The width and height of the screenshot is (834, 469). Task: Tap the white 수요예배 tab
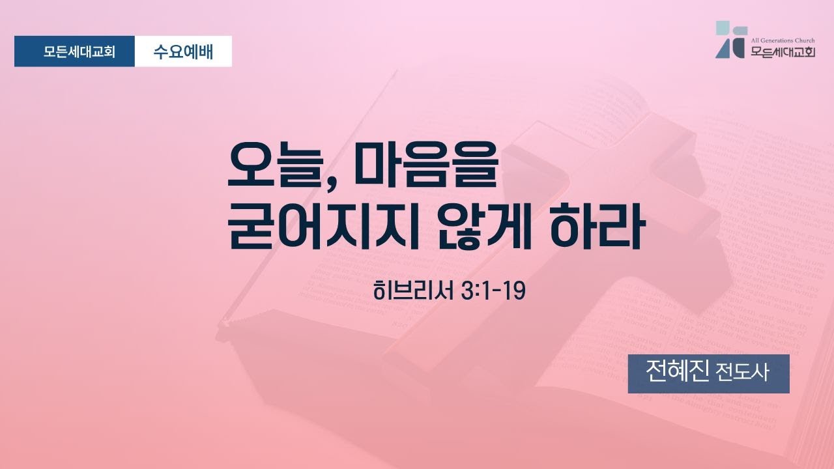coord(183,51)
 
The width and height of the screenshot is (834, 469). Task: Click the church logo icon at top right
coord(730,40)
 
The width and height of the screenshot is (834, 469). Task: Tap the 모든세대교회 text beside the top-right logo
coord(783,52)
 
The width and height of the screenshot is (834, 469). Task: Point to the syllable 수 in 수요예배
coord(162,51)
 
